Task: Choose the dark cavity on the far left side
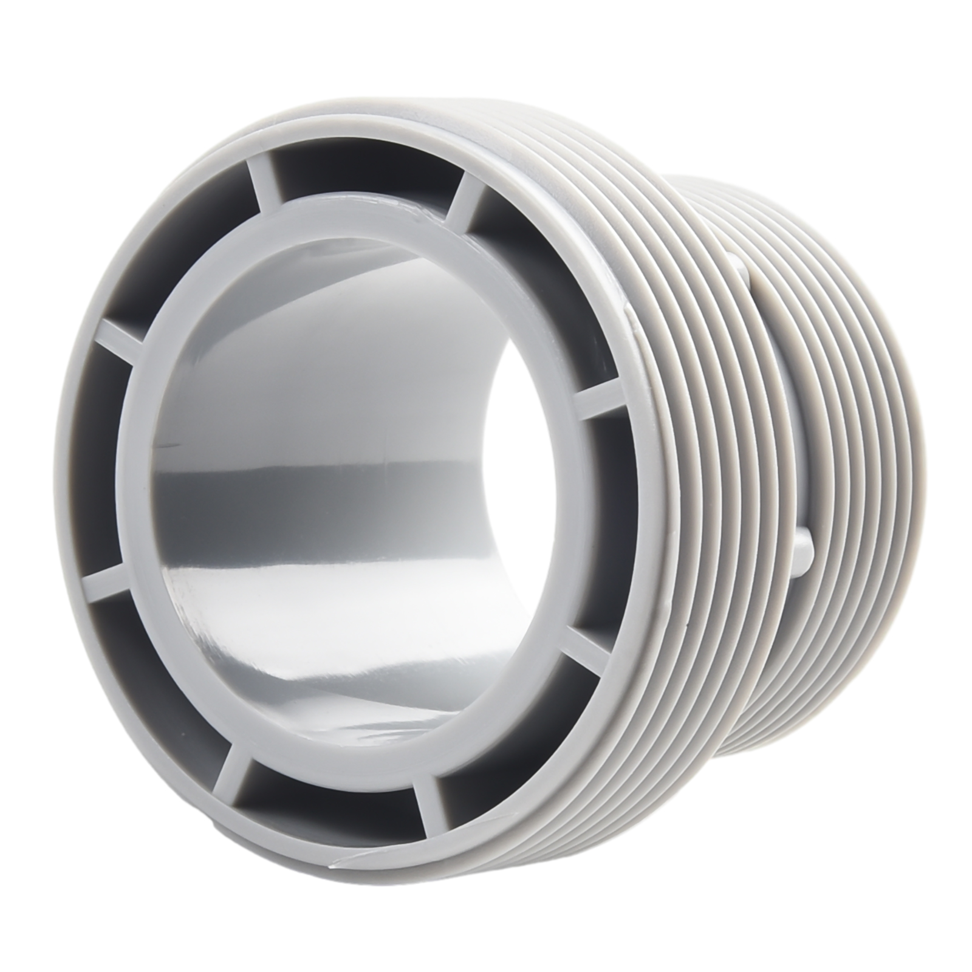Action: tap(97, 462)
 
